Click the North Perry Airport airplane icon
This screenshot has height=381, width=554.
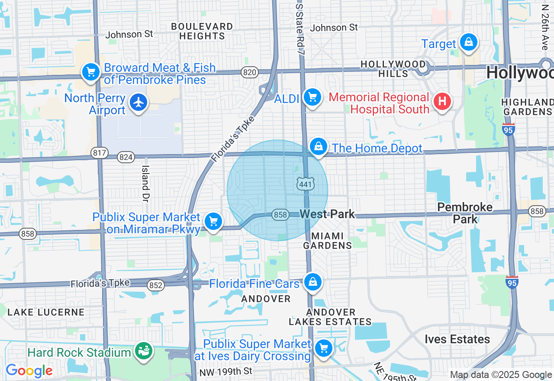tap(138, 103)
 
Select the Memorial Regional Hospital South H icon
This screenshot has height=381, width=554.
tap(442, 102)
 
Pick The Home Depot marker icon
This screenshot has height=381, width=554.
tap(318, 147)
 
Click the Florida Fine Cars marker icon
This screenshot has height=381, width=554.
tap(312, 282)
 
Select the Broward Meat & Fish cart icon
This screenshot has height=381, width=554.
tap(90, 72)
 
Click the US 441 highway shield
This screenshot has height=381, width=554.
tap(305, 184)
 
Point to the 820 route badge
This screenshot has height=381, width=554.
tap(250, 72)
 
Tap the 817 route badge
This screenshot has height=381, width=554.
tap(100, 152)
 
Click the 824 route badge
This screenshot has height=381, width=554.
tap(126, 157)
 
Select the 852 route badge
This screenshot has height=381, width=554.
tap(155, 285)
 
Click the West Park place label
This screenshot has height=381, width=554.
tap(327, 214)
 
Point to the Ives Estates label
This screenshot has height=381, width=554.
tap(457, 339)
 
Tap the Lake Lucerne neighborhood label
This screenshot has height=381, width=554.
tap(46, 312)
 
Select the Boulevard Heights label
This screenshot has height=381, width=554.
tap(202, 31)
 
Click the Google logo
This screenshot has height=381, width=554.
tap(29, 371)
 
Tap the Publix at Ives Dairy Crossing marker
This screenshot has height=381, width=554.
tap(323, 348)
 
